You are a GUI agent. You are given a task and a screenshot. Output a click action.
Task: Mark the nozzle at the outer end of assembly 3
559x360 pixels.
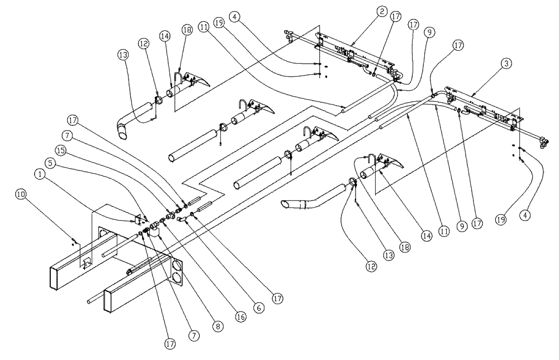(543, 144)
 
